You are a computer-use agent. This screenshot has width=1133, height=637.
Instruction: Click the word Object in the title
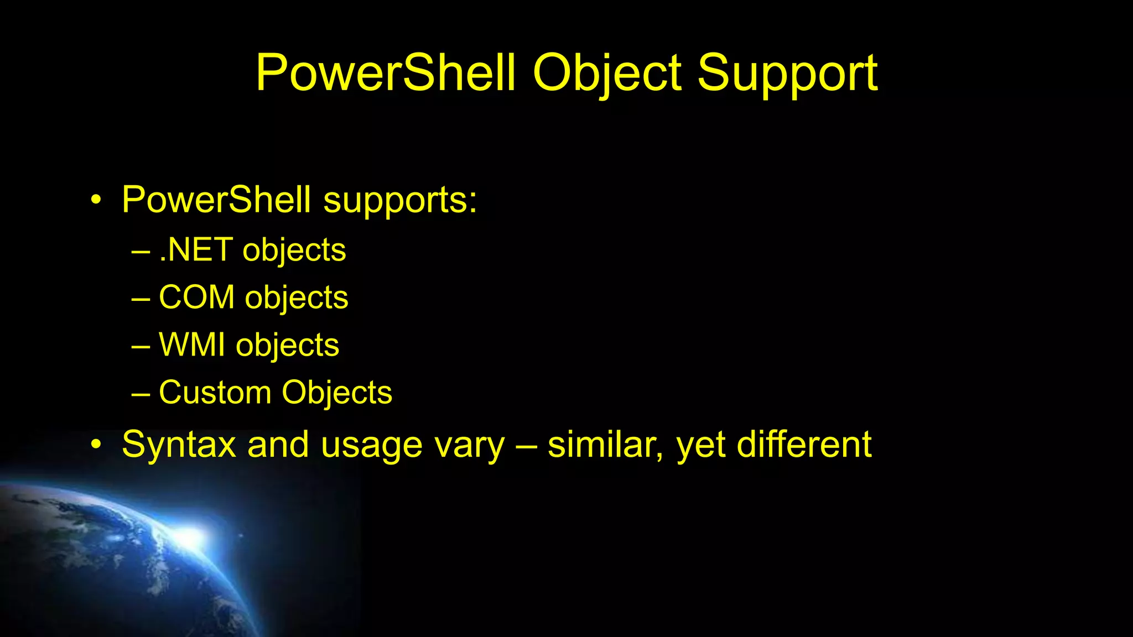click(x=607, y=74)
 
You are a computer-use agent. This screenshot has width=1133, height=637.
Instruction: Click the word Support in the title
click(x=787, y=74)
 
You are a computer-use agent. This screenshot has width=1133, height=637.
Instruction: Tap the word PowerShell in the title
click(x=386, y=74)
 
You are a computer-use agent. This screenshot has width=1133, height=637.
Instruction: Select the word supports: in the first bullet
click(x=399, y=200)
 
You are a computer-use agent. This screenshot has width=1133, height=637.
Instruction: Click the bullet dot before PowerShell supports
click(x=96, y=200)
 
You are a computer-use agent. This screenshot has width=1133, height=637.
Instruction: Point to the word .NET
click(x=195, y=250)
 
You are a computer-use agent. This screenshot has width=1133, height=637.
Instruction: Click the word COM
click(x=196, y=297)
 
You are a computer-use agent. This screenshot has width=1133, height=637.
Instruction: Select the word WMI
click(x=192, y=345)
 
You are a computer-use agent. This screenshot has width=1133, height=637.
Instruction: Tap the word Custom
click(x=215, y=393)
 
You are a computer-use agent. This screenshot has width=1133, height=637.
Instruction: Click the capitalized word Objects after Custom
click(x=337, y=393)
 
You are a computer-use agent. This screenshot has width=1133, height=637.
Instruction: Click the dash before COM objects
click(x=141, y=299)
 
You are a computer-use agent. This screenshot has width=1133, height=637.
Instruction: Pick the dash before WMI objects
click(x=141, y=346)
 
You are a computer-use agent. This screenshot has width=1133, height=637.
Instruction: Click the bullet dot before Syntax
click(x=96, y=445)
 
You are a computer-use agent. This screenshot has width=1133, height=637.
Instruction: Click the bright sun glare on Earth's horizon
click(x=191, y=536)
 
